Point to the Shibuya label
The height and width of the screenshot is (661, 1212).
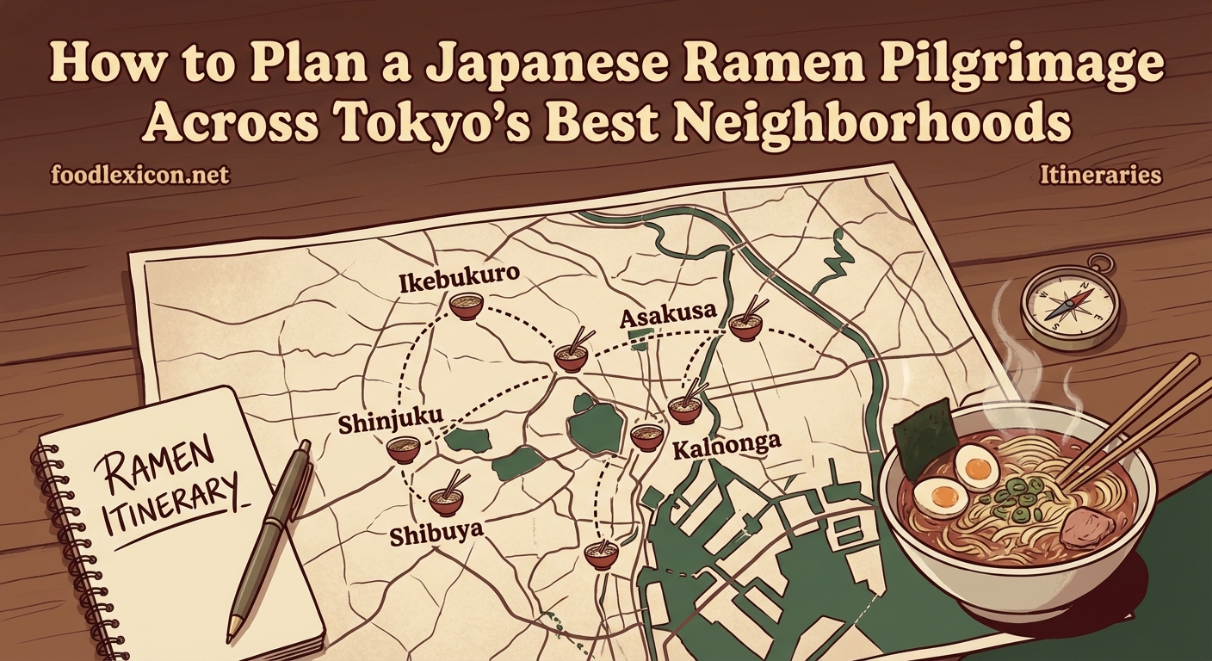click(x=436, y=534)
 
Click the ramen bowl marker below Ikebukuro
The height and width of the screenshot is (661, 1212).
click(x=466, y=306)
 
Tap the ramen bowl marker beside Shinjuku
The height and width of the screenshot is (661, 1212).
click(x=403, y=449)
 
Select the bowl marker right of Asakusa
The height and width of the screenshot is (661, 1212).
click(x=745, y=324)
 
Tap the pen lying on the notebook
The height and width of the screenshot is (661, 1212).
click(x=269, y=534)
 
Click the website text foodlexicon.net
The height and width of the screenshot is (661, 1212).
click(x=140, y=176)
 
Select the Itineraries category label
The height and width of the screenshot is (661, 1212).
click(x=1101, y=176)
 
